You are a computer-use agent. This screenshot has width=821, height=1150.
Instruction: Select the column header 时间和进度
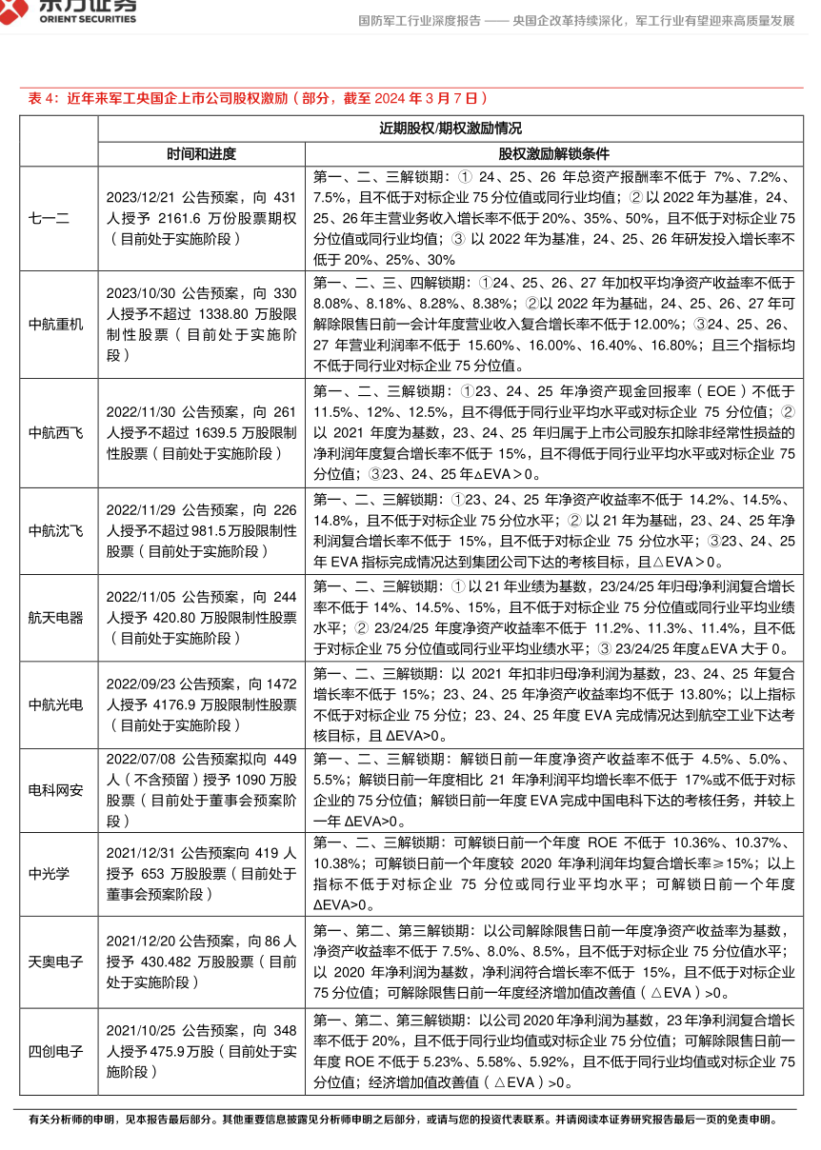pos(201,153)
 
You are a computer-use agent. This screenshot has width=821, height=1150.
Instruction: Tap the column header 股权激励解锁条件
pos(554,153)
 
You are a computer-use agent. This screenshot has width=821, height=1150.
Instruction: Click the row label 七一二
pos(50,219)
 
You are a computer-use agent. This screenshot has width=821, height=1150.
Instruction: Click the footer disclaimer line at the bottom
pos(410,1120)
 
